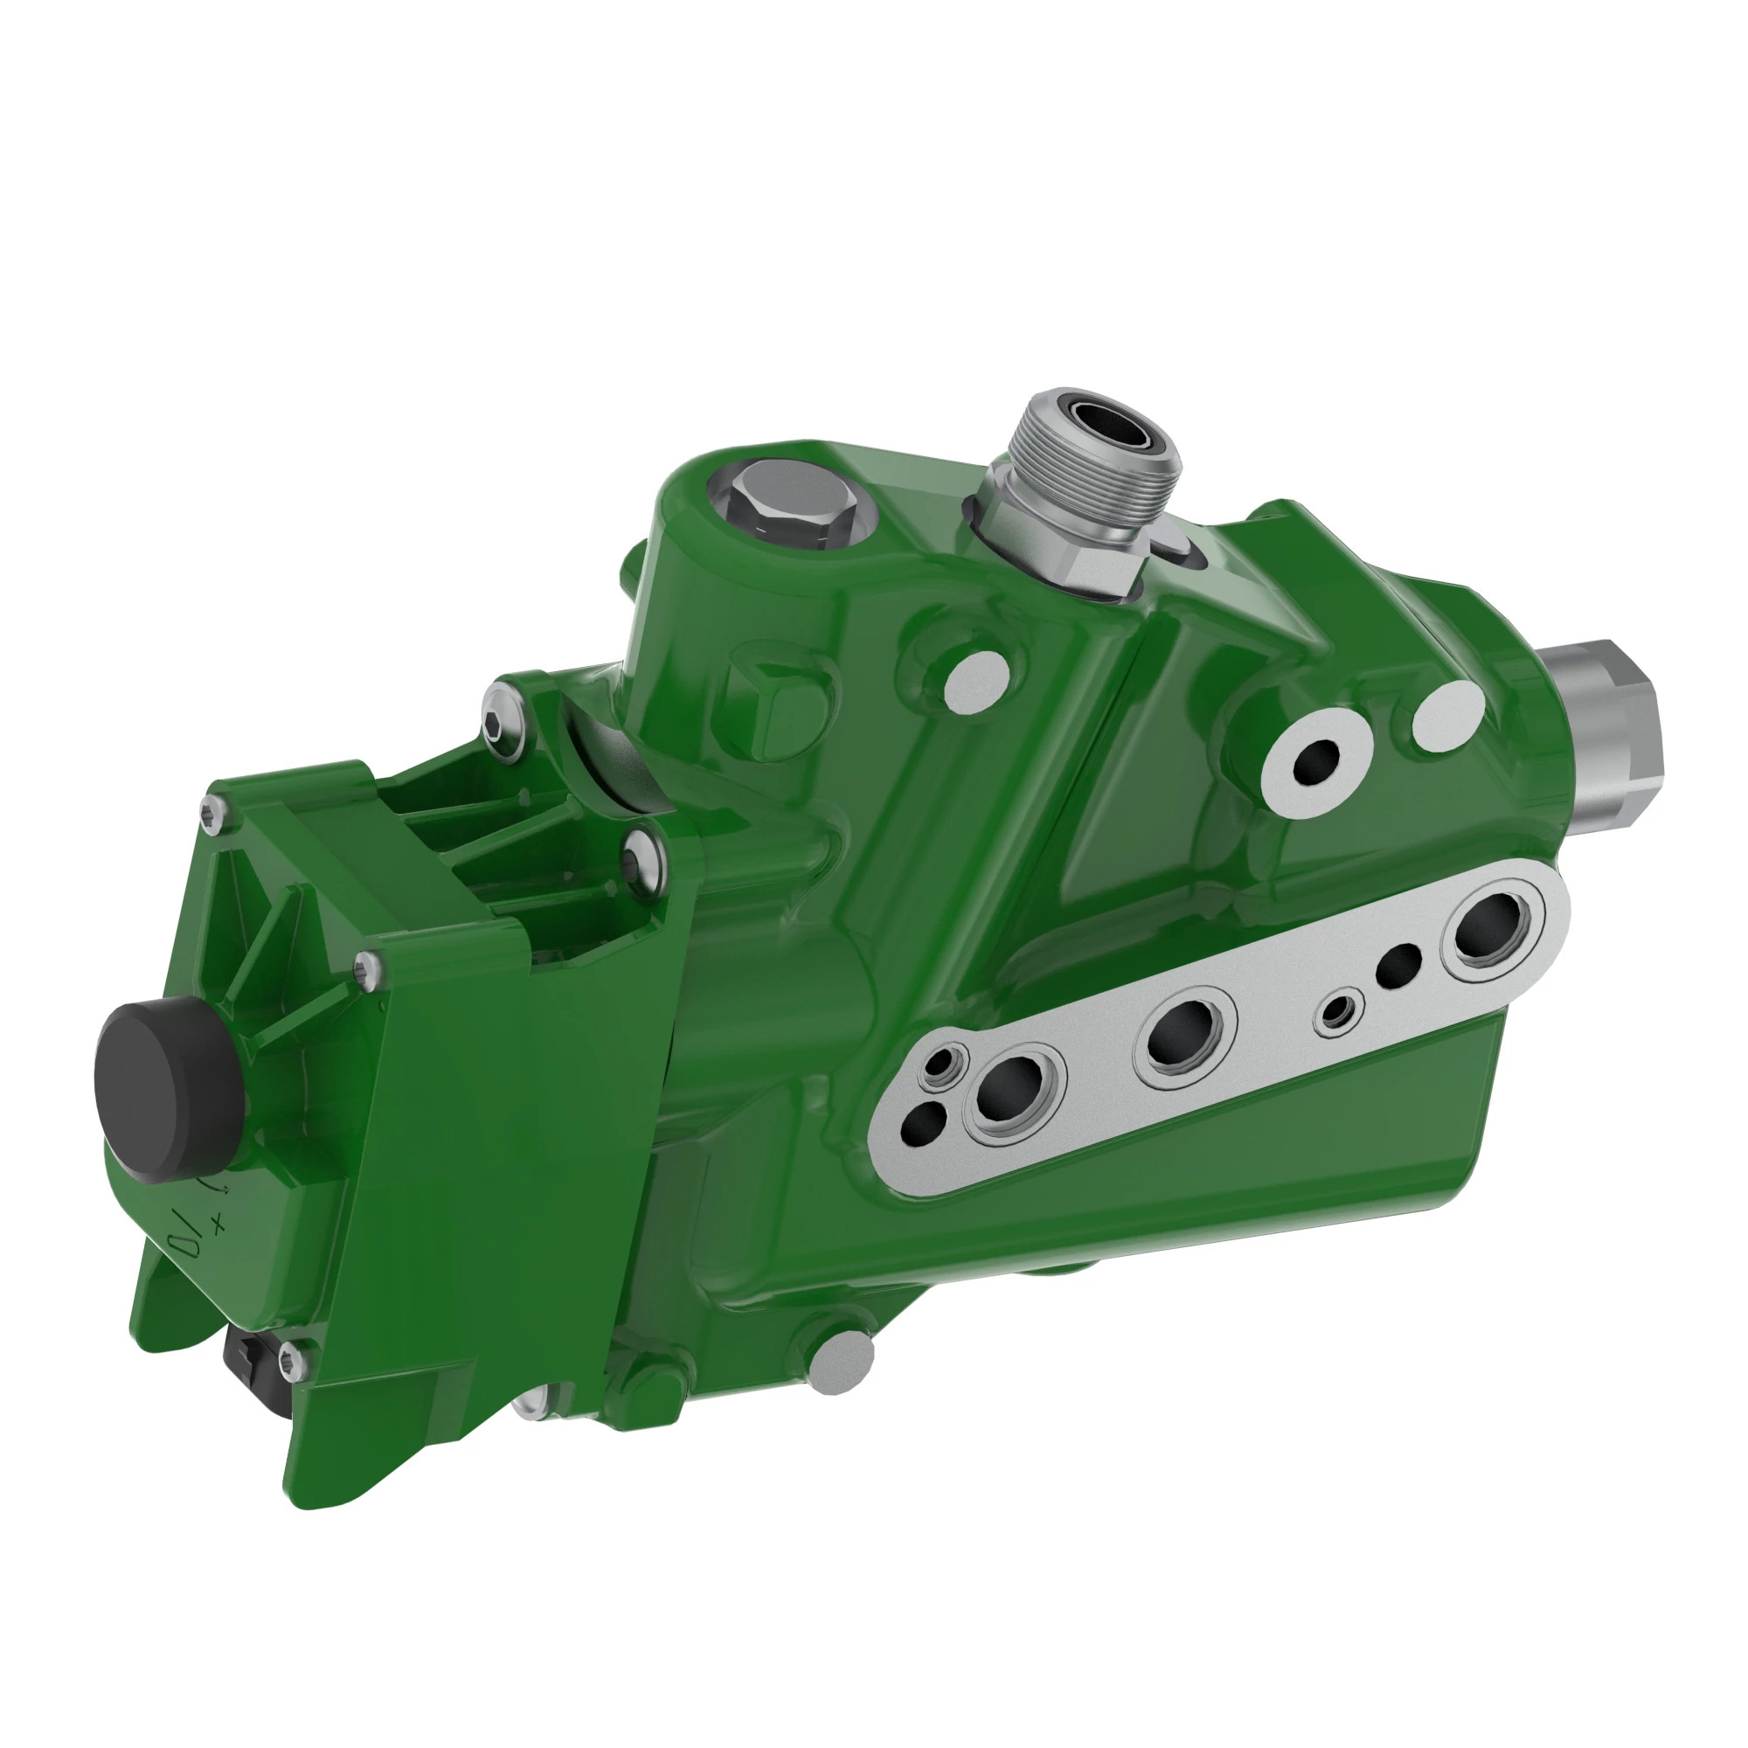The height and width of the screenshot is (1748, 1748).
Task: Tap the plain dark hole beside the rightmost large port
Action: click(1398, 966)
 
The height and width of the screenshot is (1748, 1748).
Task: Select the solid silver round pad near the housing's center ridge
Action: click(976, 683)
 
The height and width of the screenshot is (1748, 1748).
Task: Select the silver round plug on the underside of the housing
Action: click(841, 1363)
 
